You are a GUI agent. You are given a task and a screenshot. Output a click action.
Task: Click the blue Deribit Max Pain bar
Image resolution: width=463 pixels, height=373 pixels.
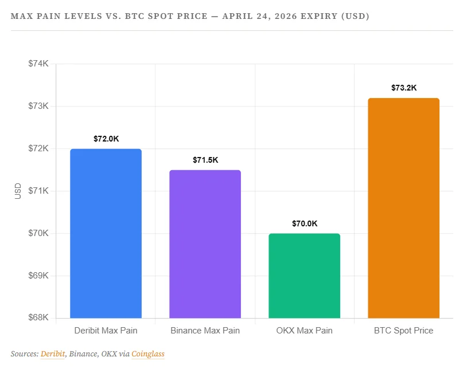pyautogui.click(x=106, y=233)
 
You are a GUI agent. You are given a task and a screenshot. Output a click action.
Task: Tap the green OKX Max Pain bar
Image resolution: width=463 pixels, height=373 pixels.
pyautogui.click(x=304, y=276)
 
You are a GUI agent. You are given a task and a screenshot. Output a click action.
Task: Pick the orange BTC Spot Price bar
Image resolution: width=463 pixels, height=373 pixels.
pyautogui.click(x=403, y=208)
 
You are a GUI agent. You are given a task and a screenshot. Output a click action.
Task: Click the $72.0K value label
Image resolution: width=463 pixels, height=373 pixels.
pyautogui.click(x=106, y=139)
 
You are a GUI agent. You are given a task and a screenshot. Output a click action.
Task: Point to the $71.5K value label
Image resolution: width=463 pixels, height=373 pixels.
pyautogui.click(x=205, y=160)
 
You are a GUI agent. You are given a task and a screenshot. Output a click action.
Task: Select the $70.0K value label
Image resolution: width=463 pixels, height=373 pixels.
pyautogui.click(x=304, y=223)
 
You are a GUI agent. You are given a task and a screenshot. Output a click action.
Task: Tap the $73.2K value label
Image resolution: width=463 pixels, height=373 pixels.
pyautogui.click(x=403, y=88)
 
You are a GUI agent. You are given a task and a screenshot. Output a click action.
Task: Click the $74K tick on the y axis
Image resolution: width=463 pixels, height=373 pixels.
pyautogui.click(x=38, y=64)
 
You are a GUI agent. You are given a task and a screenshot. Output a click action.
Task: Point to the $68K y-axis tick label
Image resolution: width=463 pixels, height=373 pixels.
pyautogui.click(x=38, y=318)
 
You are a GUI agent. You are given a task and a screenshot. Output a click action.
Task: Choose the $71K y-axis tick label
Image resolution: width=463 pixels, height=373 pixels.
pyautogui.click(x=38, y=191)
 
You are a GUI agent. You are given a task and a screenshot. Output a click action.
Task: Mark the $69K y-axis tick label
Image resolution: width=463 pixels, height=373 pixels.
pyautogui.click(x=38, y=276)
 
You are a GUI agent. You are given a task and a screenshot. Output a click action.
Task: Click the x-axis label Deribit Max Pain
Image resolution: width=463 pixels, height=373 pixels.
pyautogui.click(x=106, y=331)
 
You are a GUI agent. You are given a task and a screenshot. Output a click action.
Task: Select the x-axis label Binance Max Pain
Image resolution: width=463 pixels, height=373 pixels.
pyautogui.click(x=205, y=331)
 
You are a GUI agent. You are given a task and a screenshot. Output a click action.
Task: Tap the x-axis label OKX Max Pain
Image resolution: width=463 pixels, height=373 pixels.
pyautogui.click(x=304, y=331)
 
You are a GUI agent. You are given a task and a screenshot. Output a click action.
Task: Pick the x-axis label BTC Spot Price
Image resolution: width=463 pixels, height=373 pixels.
pyautogui.click(x=403, y=331)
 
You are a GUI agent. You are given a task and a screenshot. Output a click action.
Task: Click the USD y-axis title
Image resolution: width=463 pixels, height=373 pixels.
pyautogui.click(x=18, y=191)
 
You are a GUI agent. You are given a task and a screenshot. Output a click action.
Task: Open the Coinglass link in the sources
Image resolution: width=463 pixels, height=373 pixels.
pyautogui.click(x=148, y=354)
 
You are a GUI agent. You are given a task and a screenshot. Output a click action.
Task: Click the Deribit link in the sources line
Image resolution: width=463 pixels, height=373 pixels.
pyautogui.click(x=52, y=354)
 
